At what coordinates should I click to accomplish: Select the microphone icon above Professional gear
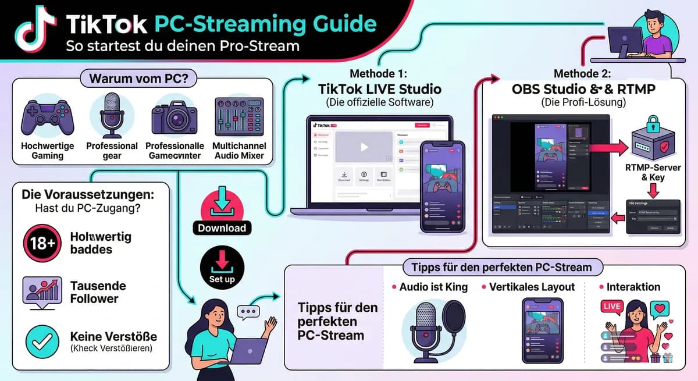pos(112,115)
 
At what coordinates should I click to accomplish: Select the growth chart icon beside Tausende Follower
pos(42,291)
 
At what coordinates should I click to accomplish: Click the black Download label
pos(222,228)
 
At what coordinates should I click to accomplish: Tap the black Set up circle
pos(222,268)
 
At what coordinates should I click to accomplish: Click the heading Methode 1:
pos(379,74)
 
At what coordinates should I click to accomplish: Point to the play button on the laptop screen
pos(364,147)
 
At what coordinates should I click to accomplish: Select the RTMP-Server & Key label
pos(653,172)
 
